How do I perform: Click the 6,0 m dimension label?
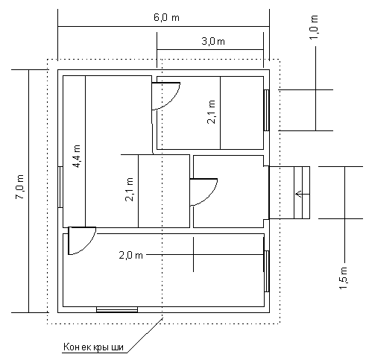[166, 18]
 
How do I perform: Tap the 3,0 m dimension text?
[213, 41]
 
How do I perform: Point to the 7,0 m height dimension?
[20, 187]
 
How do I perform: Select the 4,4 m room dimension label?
[78, 157]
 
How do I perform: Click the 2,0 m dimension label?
[131, 255]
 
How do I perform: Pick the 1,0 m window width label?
[314, 27]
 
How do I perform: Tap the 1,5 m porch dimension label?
[344, 278]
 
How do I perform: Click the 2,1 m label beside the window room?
[211, 112]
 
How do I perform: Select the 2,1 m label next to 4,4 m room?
[130, 189]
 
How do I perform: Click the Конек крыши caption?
[93, 347]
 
